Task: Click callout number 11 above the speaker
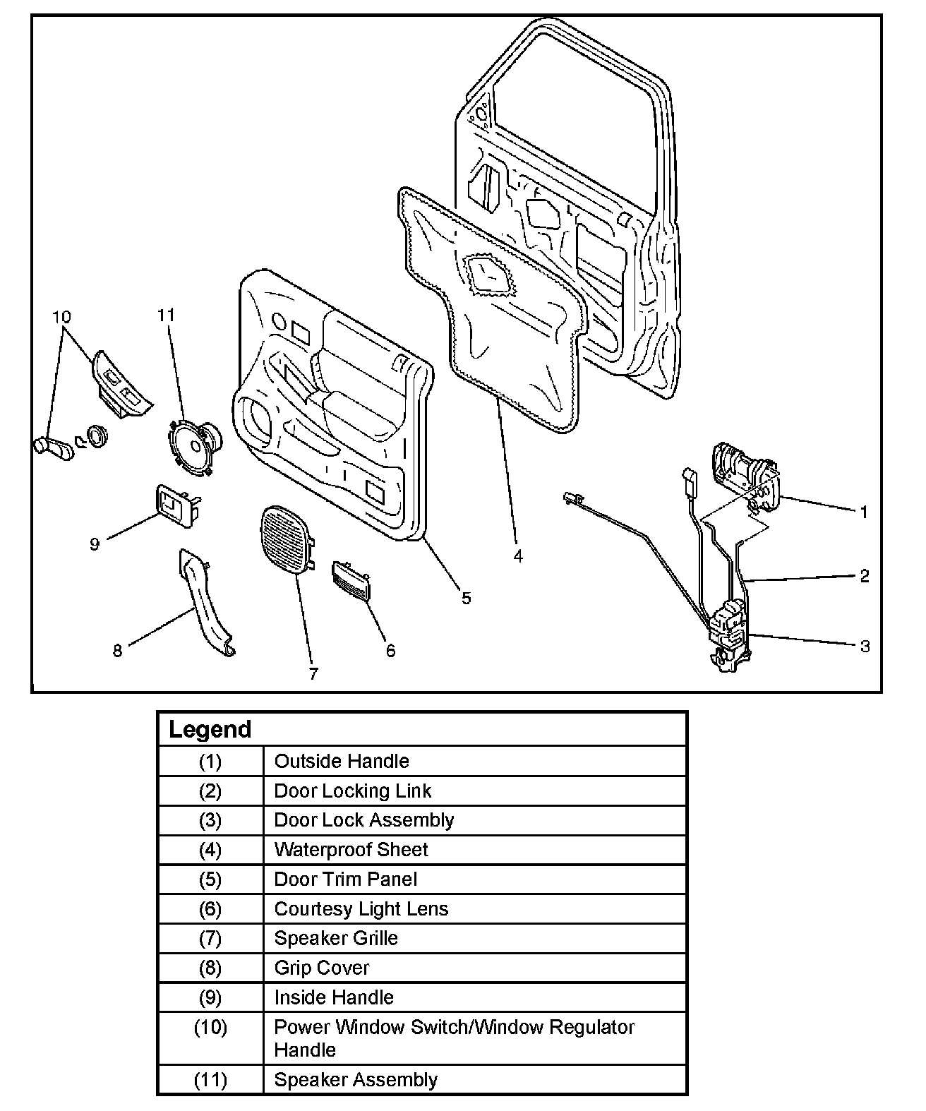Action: (x=166, y=315)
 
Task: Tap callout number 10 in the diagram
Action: (x=61, y=317)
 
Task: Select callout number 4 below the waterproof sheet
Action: (x=518, y=557)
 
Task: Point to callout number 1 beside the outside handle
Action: (x=864, y=512)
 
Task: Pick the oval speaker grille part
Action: (x=287, y=539)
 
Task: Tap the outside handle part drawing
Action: (x=745, y=475)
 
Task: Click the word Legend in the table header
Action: (x=210, y=729)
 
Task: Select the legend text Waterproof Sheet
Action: (x=351, y=849)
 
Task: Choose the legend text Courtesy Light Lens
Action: (x=361, y=908)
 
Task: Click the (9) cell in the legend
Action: (x=210, y=997)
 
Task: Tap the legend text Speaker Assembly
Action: (x=356, y=1080)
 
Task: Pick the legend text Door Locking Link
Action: (x=352, y=791)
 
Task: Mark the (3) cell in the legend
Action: (x=210, y=820)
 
